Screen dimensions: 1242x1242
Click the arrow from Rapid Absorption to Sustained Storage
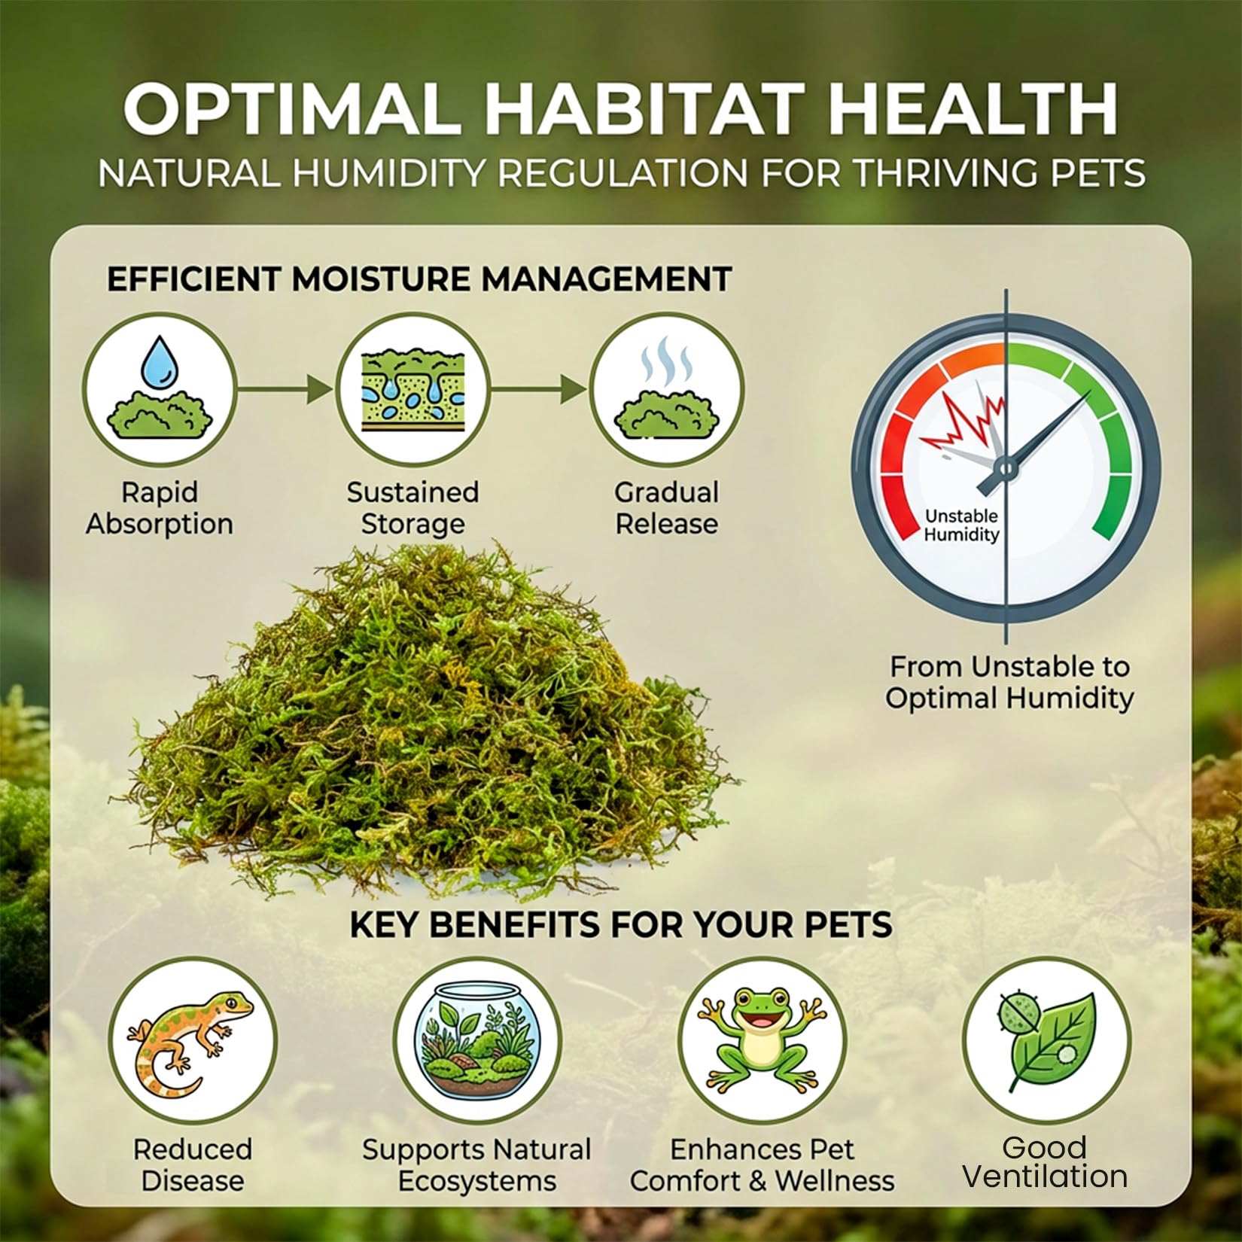[x=285, y=389]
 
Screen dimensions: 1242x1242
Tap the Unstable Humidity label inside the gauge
[x=961, y=525]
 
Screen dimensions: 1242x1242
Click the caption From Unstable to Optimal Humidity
[x=1009, y=682]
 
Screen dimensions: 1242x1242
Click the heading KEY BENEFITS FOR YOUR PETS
[x=621, y=924]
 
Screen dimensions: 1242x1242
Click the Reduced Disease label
[x=192, y=1164]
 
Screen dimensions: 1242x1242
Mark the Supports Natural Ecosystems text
[x=476, y=1164]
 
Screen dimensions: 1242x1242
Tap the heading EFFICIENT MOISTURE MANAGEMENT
[x=419, y=279]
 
